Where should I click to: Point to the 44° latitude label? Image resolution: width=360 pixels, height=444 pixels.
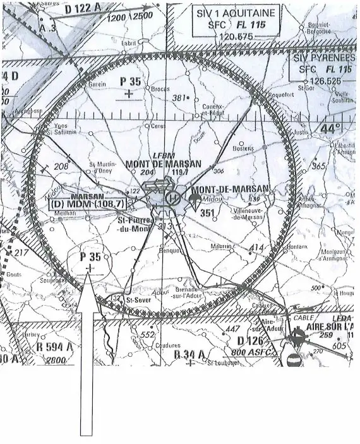pos(330,128)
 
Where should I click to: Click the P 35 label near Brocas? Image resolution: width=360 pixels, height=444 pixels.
pos(131,81)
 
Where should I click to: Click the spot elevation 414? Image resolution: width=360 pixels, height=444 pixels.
pos(257,246)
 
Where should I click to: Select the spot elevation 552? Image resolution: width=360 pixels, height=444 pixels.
pos(148,335)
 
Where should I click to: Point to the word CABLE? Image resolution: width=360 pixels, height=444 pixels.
pos(304,318)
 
